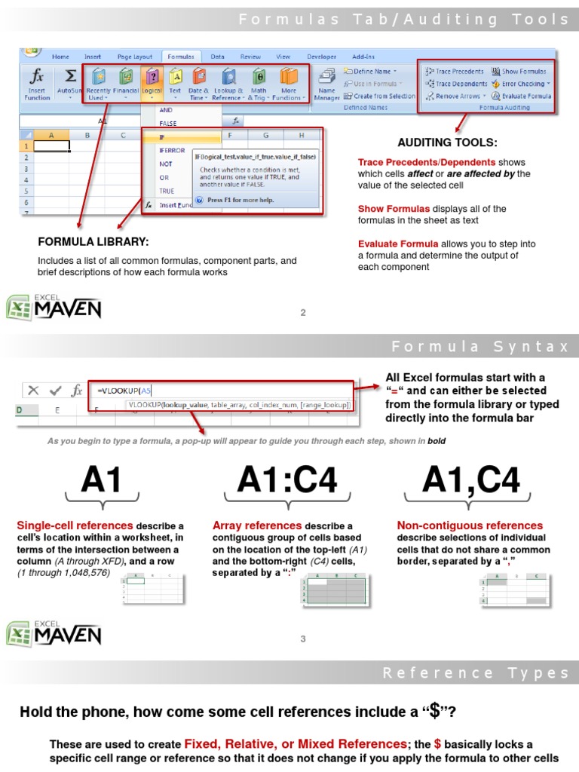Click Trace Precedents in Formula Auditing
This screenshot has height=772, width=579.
point(455,72)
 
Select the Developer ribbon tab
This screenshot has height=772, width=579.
point(322,57)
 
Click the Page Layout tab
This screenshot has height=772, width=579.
point(135,57)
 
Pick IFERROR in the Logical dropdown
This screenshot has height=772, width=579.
point(171,150)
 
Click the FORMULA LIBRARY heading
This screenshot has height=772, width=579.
point(93,241)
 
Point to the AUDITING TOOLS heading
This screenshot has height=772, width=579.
point(447,142)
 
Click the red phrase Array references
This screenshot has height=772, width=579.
point(257,525)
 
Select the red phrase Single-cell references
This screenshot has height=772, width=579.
point(75,525)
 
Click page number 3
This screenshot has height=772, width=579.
point(303,639)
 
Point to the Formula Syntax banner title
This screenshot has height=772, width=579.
point(480,347)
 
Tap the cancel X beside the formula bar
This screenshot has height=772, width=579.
point(33,391)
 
